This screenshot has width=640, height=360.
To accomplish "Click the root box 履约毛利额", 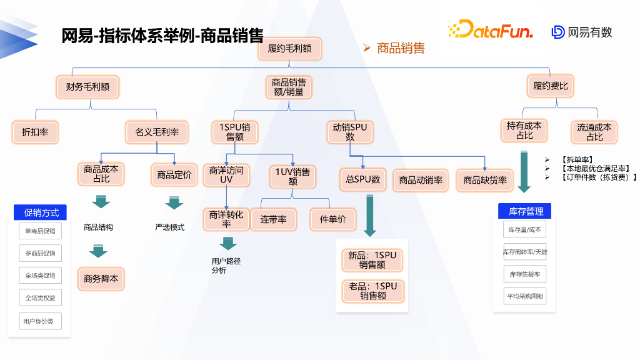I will coord(289,48).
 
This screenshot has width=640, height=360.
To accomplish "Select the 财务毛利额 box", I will coord(87,86).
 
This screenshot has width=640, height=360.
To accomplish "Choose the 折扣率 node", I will coord(35,132).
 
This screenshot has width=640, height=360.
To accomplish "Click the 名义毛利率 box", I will coord(157,132).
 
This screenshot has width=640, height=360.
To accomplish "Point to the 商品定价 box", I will coord(174,174).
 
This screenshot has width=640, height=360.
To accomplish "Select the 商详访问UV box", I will coord(226,174).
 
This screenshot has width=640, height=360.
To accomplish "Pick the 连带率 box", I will coord(273,219).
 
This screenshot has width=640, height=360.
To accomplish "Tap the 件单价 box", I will coord(332,219).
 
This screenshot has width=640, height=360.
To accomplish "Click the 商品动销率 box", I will coord(421,180).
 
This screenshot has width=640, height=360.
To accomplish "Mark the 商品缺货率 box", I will coord(485,180).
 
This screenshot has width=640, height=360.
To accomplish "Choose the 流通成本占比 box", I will coord(594,132).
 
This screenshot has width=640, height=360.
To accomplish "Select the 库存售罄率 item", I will coord(524,274).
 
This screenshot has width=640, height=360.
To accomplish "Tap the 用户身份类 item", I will coord(40,321).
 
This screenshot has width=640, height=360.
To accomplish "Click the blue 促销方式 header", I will coord(41,213).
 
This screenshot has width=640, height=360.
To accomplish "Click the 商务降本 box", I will coord(101,279).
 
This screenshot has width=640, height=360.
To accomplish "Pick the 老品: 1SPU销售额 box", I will coord(372,291).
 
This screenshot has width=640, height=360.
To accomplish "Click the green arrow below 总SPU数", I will coord(370,215).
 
